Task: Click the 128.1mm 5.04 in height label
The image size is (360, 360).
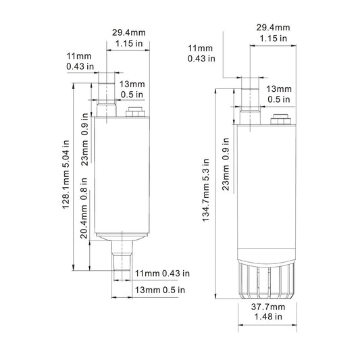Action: (66, 174)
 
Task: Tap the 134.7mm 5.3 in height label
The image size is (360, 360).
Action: (206, 190)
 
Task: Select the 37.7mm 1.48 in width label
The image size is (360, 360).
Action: (268, 311)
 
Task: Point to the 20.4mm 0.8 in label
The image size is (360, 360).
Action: (84, 208)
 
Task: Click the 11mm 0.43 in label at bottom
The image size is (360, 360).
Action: (162, 274)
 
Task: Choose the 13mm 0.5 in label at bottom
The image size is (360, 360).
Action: (160, 290)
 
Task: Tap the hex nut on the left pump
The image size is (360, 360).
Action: (135, 112)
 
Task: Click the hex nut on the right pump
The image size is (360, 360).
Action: (280, 120)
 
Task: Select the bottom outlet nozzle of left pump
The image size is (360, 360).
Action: (122, 256)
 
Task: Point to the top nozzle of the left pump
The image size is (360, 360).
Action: (107, 100)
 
